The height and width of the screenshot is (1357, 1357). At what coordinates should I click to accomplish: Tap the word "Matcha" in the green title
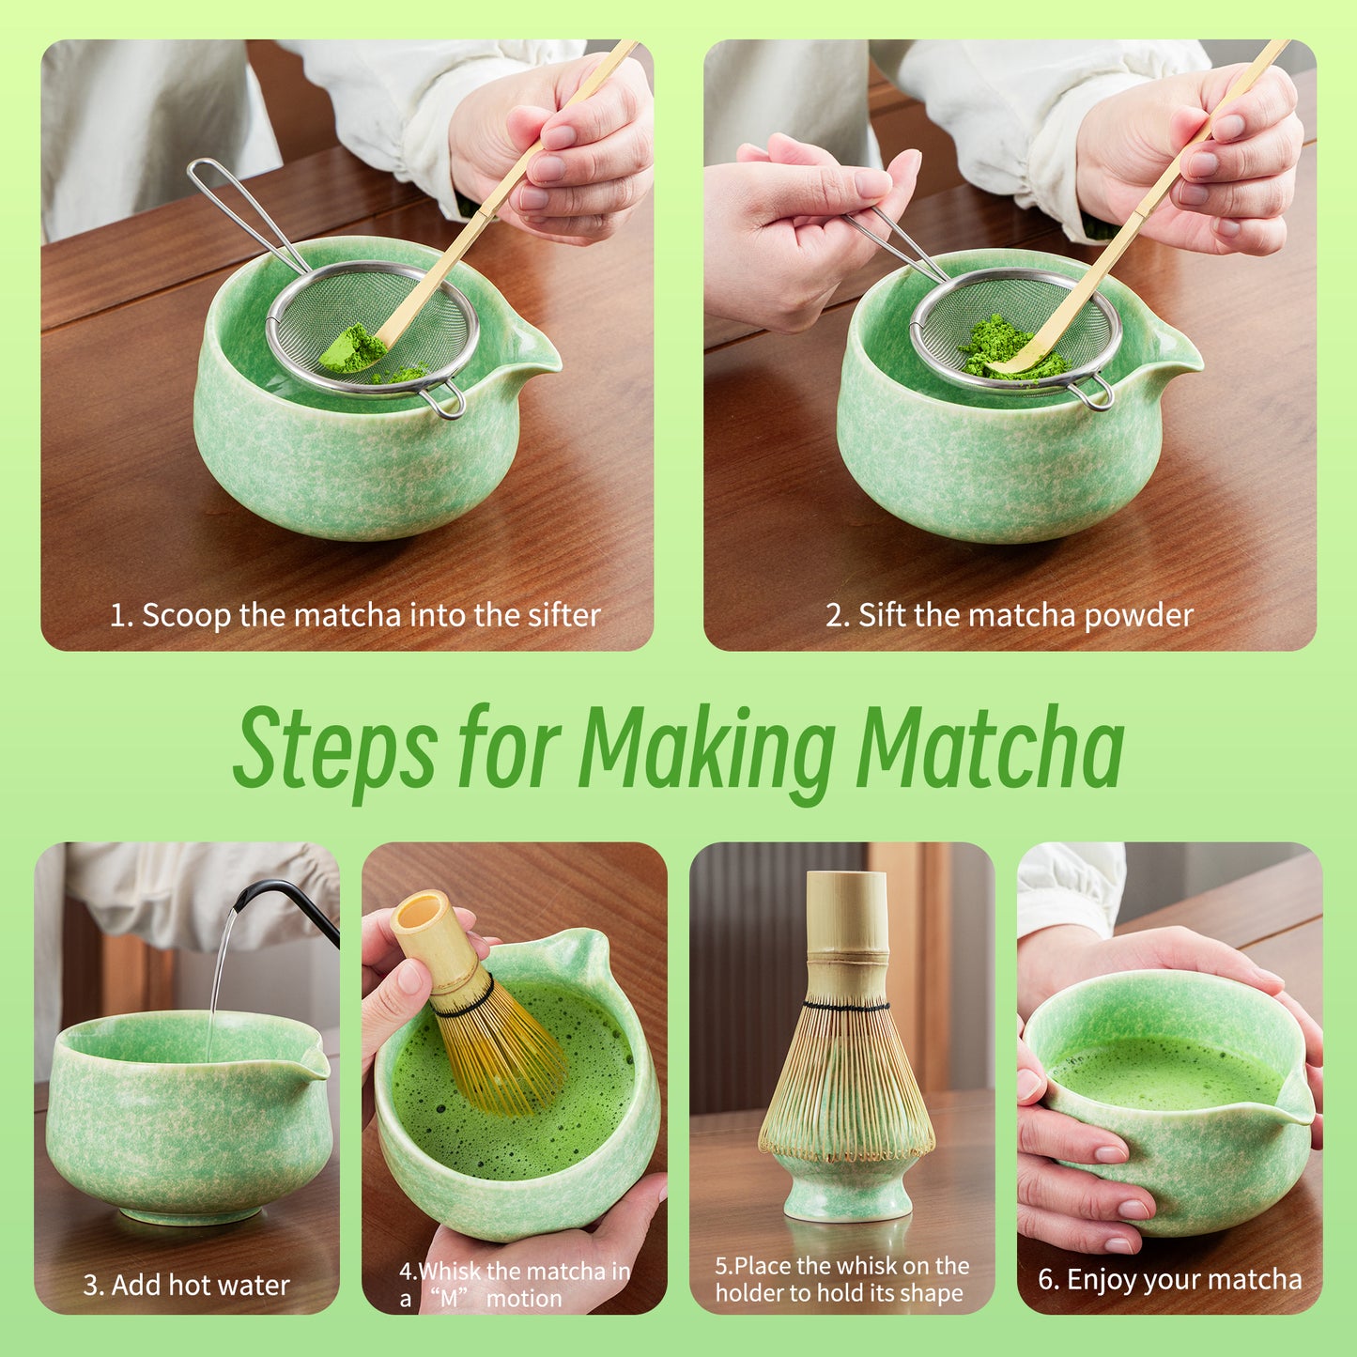click(x=990, y=748)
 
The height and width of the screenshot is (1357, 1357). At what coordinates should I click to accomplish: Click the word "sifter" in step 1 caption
click(x=563, y=615)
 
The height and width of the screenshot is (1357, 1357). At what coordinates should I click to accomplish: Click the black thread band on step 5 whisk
click(x=846, y=1007)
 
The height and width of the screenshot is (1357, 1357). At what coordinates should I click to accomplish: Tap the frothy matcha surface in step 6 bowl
click(x=1164, y=1071)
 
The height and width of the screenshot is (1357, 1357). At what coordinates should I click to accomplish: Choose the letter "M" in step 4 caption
click(x=450, y=1300)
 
